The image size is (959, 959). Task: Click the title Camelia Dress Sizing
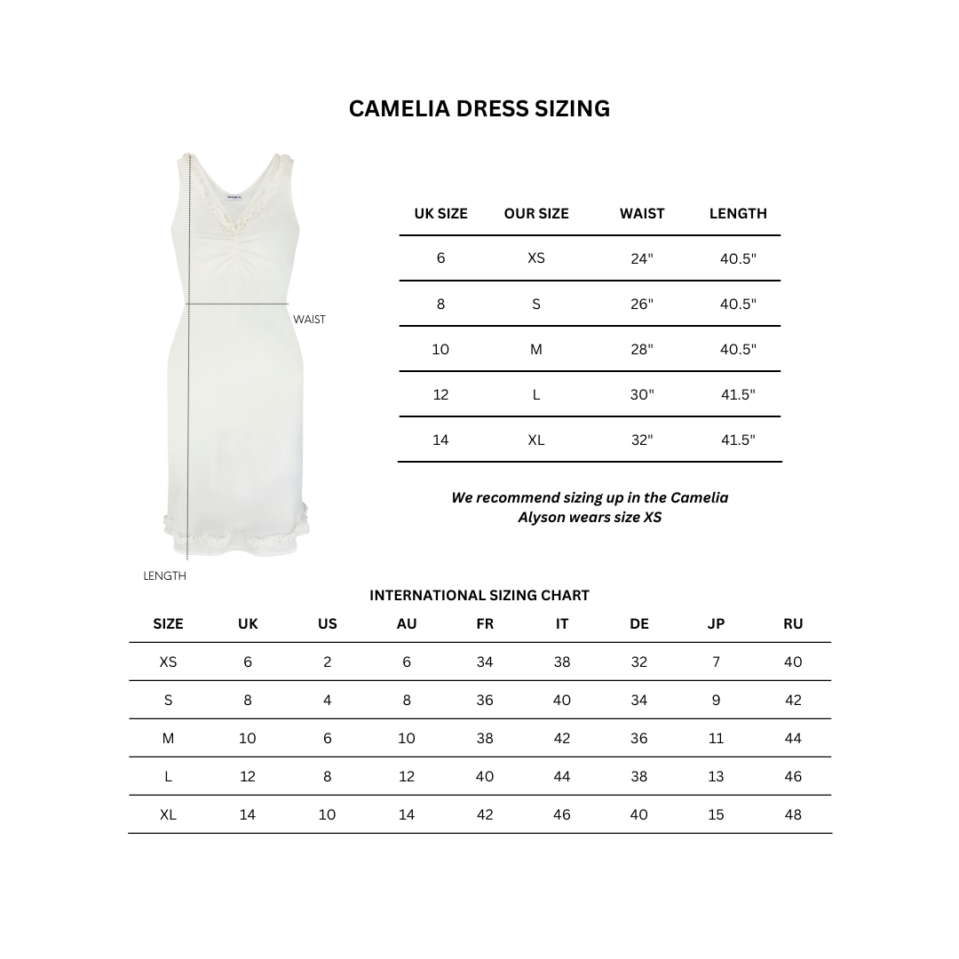(479, 108)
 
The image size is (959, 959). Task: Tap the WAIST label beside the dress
(309, 320)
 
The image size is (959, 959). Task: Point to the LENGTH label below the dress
(164, 576)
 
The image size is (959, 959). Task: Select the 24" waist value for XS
(641, 258)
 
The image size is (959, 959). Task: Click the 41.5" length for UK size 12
(737, 394)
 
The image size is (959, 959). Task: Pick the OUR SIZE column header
(535, 213)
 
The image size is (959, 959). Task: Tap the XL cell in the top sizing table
(535, 440)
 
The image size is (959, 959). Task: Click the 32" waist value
(641, 440)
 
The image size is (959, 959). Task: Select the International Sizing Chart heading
(479, 596)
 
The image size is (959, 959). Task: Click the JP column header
(716, 624)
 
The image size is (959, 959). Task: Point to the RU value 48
(793, 814)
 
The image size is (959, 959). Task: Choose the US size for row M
(327, 738)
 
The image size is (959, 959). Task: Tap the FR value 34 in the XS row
(484, 662)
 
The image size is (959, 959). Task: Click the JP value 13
(716, 776)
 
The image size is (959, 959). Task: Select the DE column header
(638, 624)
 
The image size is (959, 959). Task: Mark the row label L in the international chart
(168, 776)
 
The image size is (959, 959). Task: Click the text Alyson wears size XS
(589, 517)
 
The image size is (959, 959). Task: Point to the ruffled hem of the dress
(236, 535)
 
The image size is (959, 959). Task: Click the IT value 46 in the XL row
(561, 814)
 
